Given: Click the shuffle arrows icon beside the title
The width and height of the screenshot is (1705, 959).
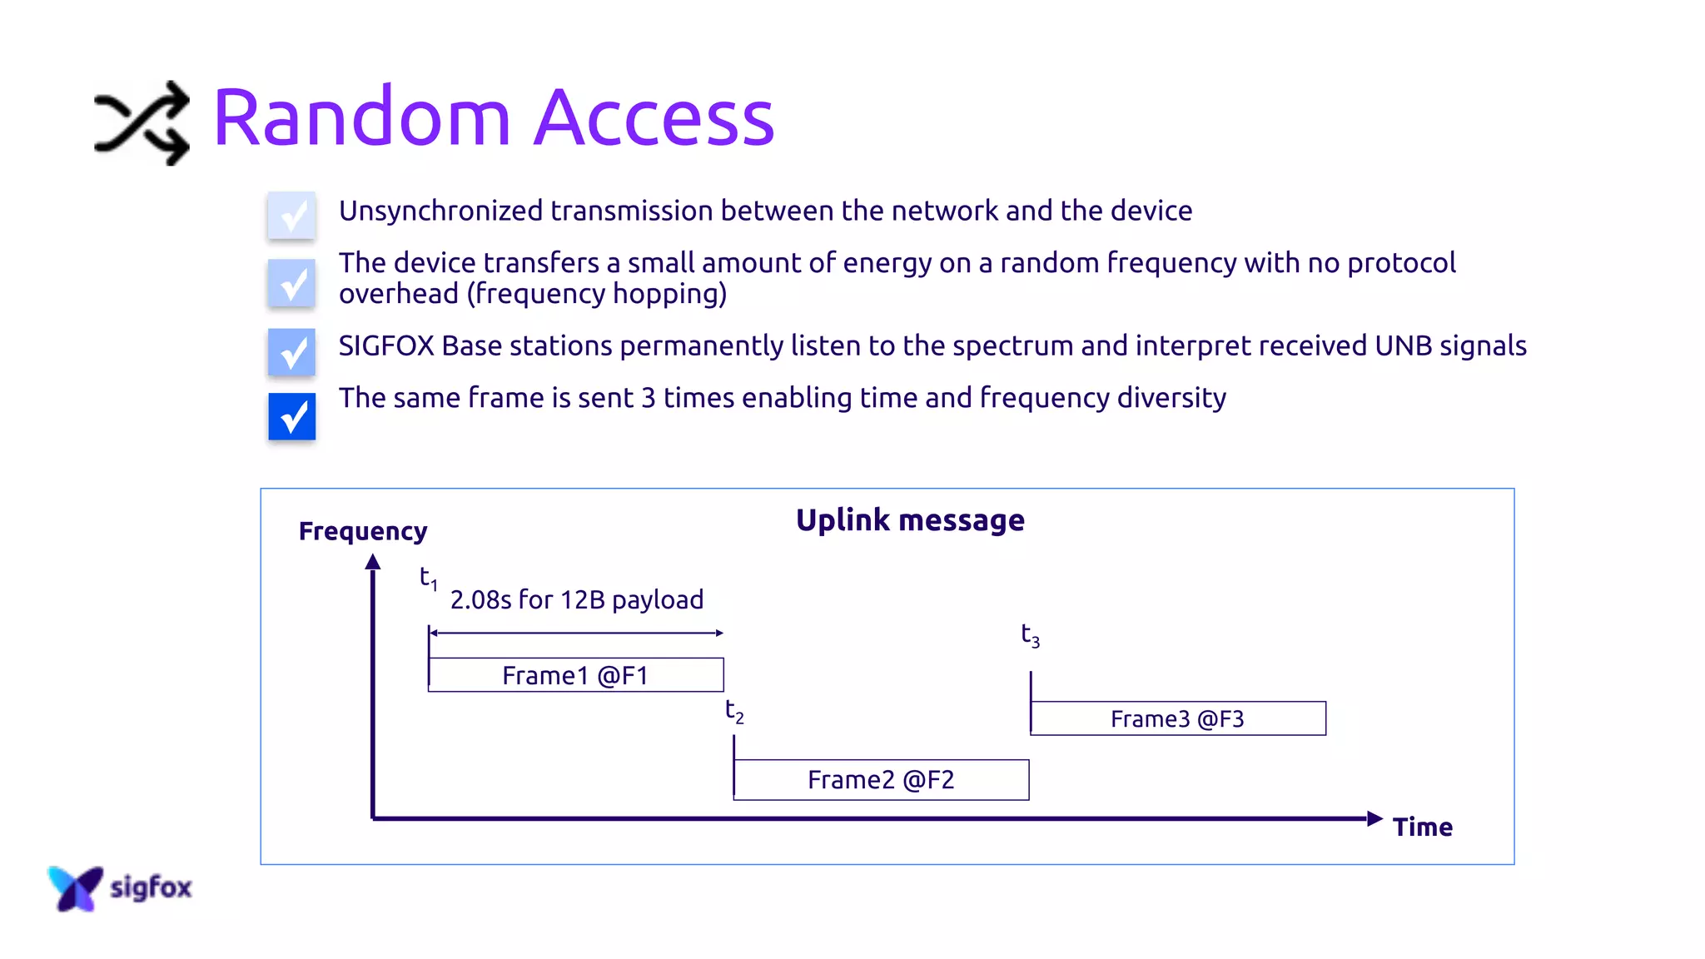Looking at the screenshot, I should pyautogui.click(x=142, y=123).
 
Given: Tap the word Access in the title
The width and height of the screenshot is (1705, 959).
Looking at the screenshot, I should pyautogui.click(x=654, y=118).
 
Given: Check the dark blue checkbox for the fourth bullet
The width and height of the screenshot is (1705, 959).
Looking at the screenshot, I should pyautogui.click(x=291, y=416).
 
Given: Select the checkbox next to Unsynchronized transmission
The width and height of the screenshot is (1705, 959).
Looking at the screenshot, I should pyautogui.click(x=291, y=216).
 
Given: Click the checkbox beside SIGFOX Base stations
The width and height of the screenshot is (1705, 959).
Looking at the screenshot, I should pyautogui.click(x=291, y=351).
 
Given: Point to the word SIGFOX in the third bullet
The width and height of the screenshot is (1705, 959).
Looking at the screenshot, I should pyautogui.click(x=386, y=345).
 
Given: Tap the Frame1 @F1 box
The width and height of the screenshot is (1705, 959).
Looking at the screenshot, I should pyautogui.click(x=575, y=675).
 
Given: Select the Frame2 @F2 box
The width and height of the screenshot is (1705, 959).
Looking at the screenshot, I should pyautogui.click(x=881, y=780).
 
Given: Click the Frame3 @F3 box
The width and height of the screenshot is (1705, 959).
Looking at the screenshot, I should pyautogui.click(x=1177, y=718).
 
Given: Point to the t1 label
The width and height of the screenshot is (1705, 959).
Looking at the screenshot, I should pyautogui.click(x=428, y=578).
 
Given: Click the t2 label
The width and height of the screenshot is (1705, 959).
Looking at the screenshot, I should pyautogui.click(x=733, y=711).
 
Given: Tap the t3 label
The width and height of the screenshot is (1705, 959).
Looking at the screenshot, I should pyautogui.click(x=1030, y=635).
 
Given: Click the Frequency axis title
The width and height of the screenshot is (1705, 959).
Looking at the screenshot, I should pyautogui.click(x=363, y=531).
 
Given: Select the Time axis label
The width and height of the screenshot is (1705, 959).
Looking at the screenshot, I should pyautogui.click(x=1422, y=827).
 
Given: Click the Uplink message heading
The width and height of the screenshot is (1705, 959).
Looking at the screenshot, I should pyautogui.click(x=910, y=520).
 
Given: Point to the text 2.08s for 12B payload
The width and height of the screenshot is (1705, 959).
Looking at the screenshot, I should pyautogui.click(x=577, y=599).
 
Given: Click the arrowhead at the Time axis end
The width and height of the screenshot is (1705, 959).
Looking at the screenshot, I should pyautogui.click(x=1374, y=818).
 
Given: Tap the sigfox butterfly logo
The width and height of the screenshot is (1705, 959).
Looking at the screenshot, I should pyautogui.click(x=75, y=887).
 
